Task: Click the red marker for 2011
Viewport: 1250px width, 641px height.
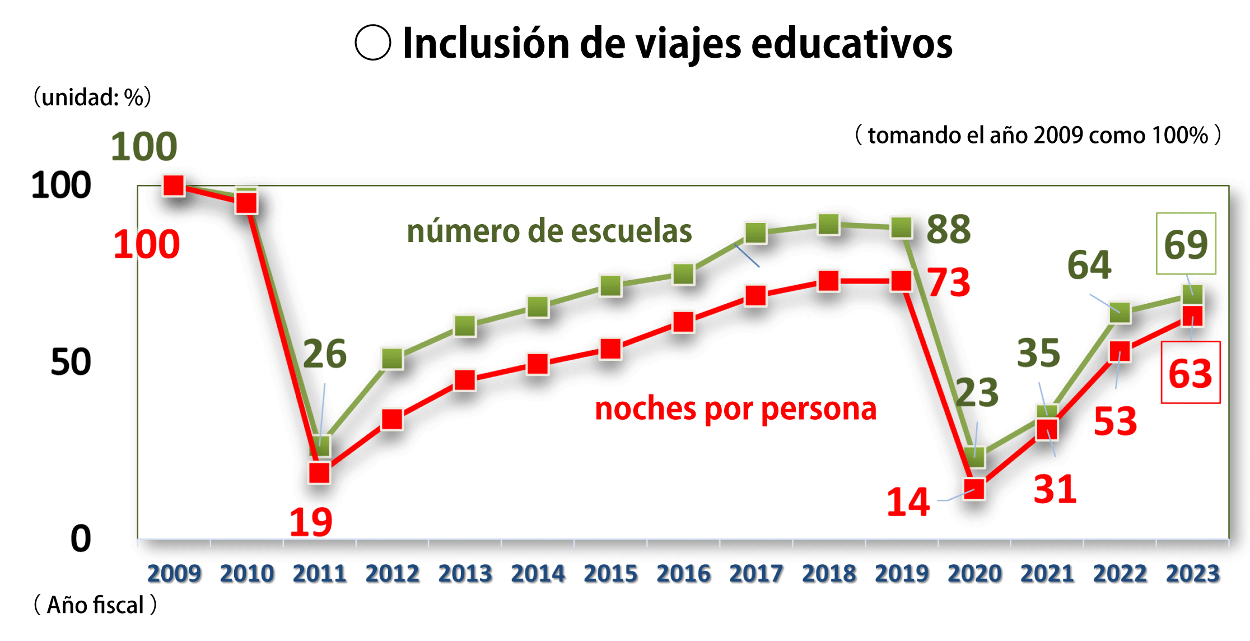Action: pos(319,473)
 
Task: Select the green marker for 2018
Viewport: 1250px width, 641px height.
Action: pos(828,225)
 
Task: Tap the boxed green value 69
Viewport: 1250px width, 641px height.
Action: pos(1186,244)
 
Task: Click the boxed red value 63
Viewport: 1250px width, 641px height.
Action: pos(1190,373)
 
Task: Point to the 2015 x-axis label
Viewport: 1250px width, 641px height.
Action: pos(610,573)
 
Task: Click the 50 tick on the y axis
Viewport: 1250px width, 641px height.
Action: pos(71,362)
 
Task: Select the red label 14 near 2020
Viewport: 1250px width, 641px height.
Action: pos(908,501)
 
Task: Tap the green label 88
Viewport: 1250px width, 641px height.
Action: pos(948,229)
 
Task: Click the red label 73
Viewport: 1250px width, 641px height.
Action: pos(948,282)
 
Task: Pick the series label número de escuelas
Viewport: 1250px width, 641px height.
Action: pos(549,231)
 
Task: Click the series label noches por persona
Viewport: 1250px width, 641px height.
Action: pos(735,408)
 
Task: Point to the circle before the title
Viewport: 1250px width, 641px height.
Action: pos(372,43)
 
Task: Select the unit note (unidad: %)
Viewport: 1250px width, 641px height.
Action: pos(92,97)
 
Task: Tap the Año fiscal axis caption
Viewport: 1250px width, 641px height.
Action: pos(95,605)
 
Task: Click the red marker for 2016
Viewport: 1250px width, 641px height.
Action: pos(683,322)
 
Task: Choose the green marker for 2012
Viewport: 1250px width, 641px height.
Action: pos(392,359)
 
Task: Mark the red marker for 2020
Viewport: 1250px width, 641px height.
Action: pos(974,489)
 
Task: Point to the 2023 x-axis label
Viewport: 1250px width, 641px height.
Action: pos(1193,573)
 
